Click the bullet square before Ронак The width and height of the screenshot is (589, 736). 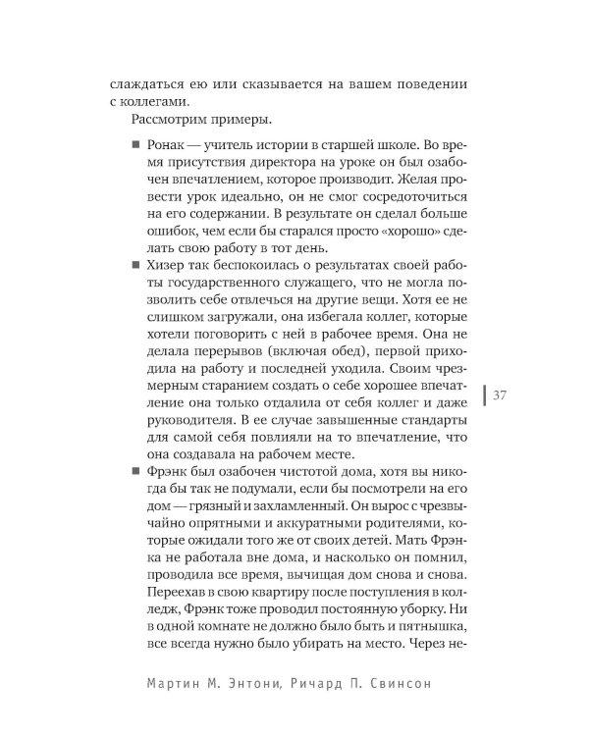click(134, 145)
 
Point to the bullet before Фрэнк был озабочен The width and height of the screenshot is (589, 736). click(134, 471)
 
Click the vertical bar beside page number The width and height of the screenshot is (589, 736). click(485, 395)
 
